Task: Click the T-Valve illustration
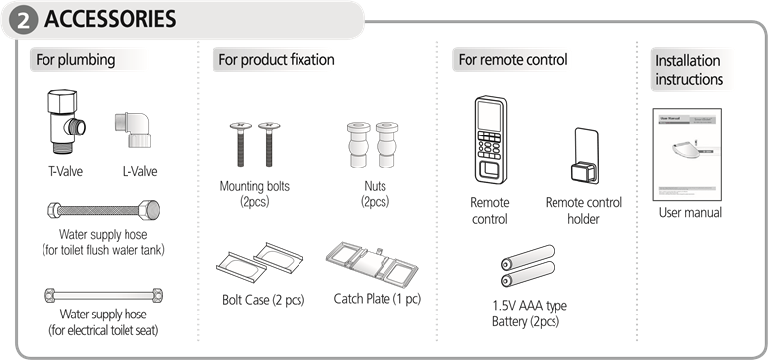tap(65, 123)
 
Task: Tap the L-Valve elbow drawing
tap(133, 130)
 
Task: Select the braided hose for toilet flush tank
tap(104, 210)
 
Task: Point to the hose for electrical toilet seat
tap(104, 295)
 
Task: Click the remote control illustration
tap(490, 139)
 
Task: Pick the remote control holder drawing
tap(585, 155)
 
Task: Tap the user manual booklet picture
tap(687, 154)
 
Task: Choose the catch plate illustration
tap(372, 263)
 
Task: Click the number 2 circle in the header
tap(23, 20)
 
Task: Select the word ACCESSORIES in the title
tap(110, 19)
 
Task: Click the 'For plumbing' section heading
tap(75, 60)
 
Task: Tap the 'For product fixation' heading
tap(276, 60)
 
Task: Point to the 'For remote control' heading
tap(513, 60)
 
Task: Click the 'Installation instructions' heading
tap(689, 70)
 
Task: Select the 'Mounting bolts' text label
tap(255, 186)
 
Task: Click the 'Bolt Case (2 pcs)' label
tap(264, 300)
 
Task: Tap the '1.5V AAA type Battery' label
tap(529, 314)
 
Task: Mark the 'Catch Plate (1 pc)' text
tap(378, 299)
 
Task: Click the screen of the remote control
tap(490, 116)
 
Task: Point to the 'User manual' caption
tap(690, 213)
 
